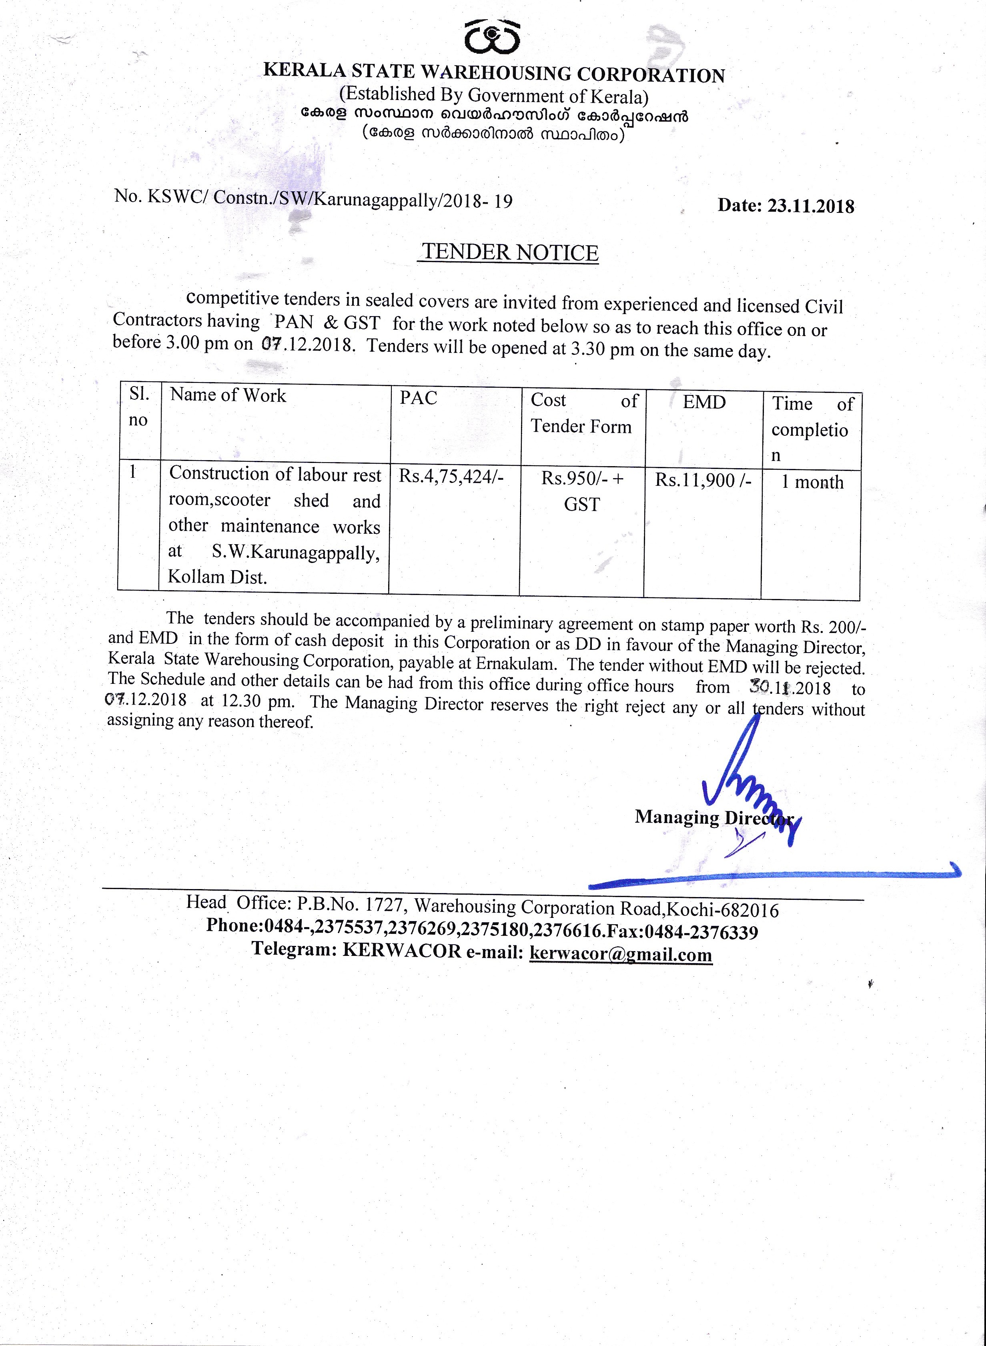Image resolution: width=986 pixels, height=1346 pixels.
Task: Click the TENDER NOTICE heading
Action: pyautogui.click(x=510, y=252)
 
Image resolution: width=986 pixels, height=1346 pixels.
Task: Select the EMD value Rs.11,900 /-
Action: pyautogui.click(x=703, y=480)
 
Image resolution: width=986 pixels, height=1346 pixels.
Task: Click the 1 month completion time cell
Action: pyautogui.click(x=812, y=482)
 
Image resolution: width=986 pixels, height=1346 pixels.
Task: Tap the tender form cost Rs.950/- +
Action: pyautogui.click(x=582, y=479)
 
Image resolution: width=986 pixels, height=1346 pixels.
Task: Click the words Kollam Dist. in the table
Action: pyautogui.click(x=217, y=577)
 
